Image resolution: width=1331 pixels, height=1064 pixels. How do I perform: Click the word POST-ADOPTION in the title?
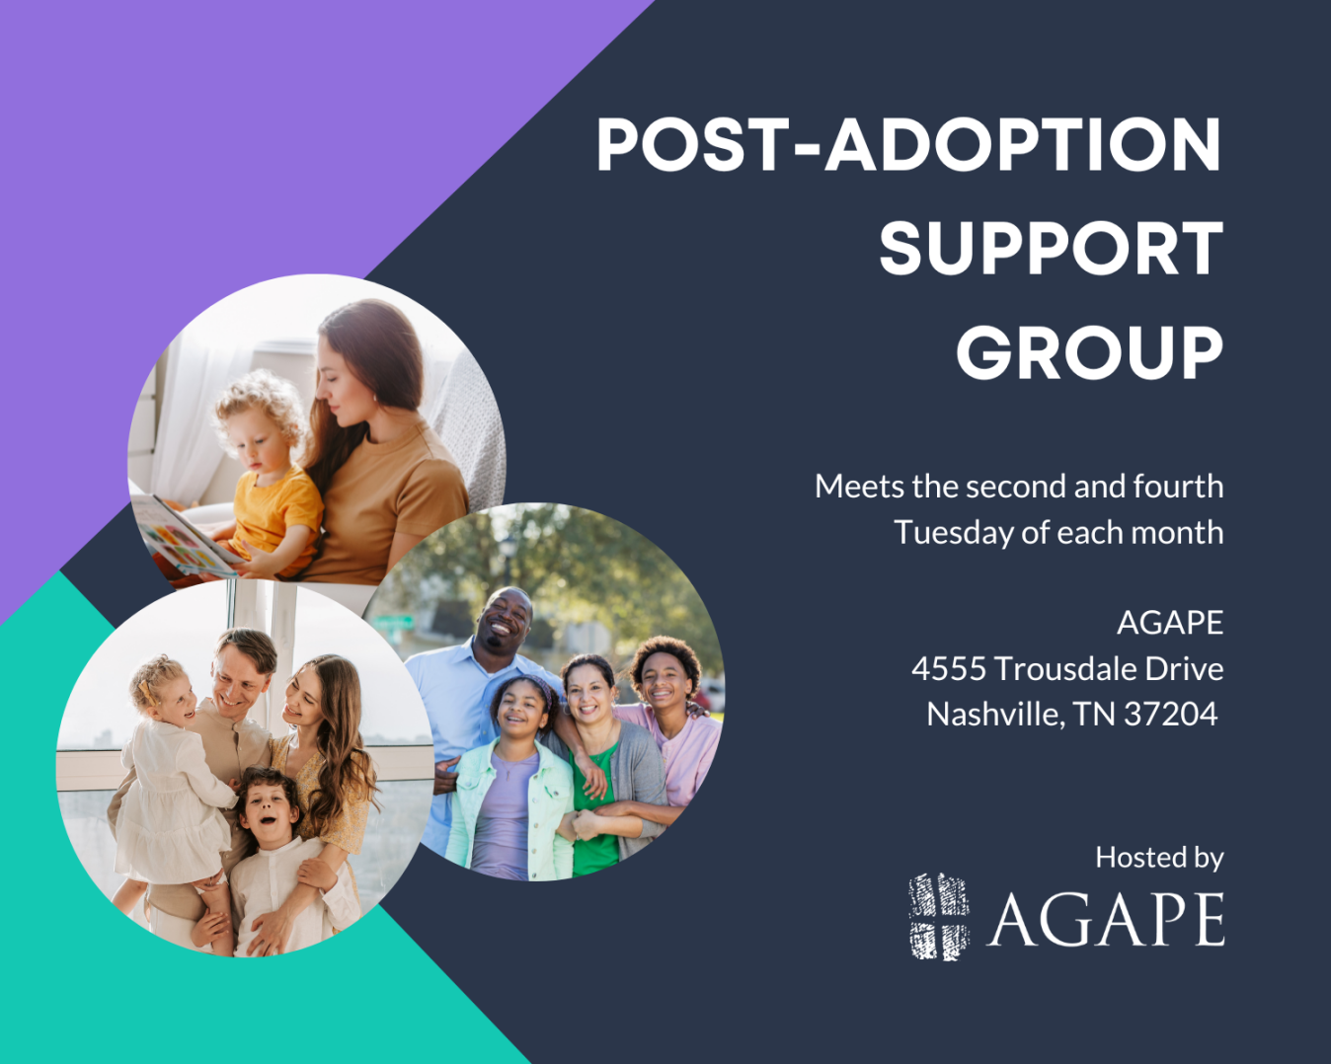909,144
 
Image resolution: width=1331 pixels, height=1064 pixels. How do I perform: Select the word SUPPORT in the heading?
1052,249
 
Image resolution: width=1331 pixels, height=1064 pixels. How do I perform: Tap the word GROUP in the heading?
1090,352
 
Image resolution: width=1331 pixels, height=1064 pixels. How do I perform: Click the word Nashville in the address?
995,714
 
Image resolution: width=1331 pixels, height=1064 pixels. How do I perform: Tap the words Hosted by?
1159,858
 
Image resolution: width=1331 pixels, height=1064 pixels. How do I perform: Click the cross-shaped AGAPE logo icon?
939,916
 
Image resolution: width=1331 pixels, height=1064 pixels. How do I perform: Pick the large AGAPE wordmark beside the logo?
1105,919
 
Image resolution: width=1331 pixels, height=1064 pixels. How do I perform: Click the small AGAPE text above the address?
1170,623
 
